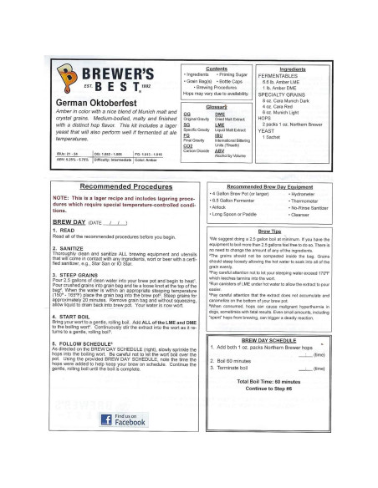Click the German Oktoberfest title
pos(94,103)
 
